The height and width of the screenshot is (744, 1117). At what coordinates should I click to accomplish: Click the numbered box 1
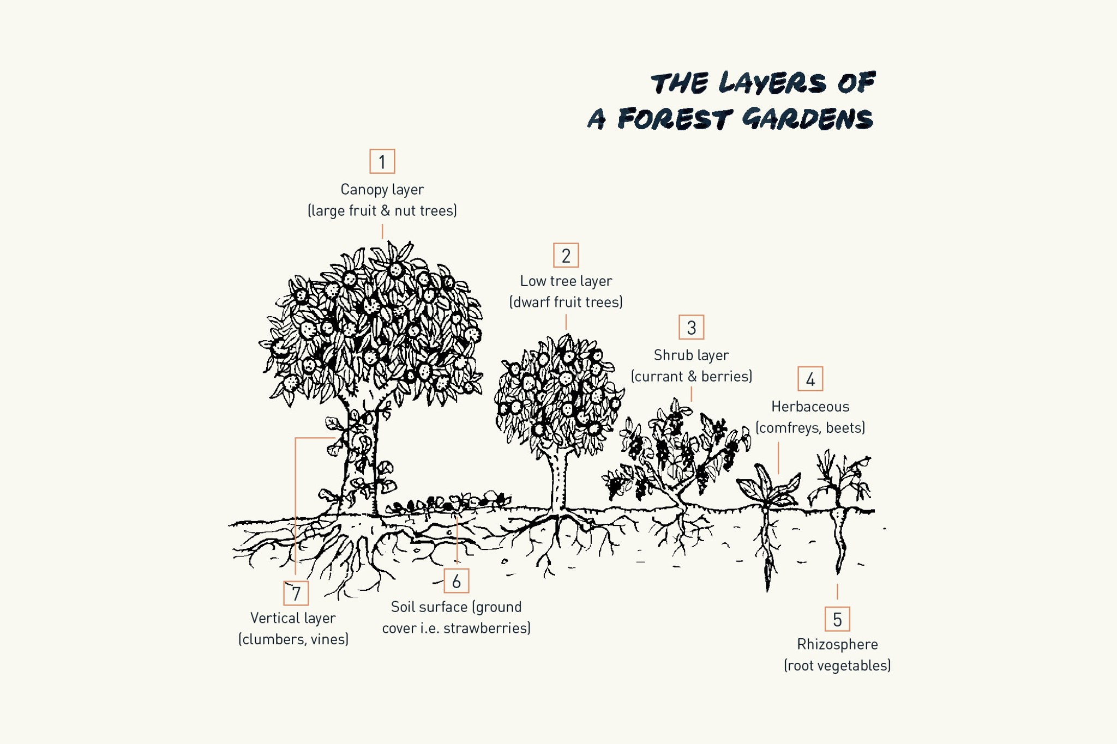[x=382, y=161]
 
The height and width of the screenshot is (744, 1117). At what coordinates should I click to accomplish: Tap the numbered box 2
[x=566, y=255]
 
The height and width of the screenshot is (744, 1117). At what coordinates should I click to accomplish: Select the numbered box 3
[x=691, y=327]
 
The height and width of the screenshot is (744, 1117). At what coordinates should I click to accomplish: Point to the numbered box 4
[x=810, y=379]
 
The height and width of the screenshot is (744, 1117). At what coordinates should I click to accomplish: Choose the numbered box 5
[x=837, y=619]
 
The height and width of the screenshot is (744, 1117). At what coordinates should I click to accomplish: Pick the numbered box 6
[x=456, y=581]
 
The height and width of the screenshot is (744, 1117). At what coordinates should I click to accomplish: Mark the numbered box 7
[x=296, y=593]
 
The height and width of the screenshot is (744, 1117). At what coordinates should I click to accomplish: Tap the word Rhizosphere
[x=837, y=644]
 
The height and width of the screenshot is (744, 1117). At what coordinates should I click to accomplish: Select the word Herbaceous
[x=810, y=407]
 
